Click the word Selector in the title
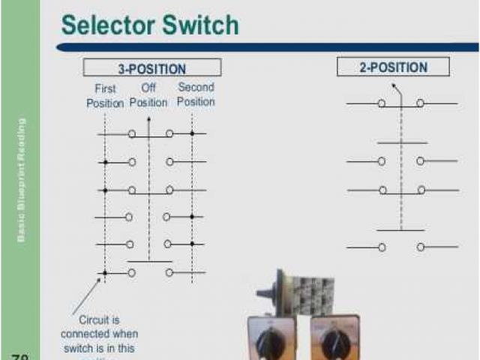click(107, 25)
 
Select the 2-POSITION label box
click(393, 67)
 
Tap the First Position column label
click(105, 95)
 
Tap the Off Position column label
click(148, 95)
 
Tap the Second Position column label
click(196, 94)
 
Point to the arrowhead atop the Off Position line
click(148, 118)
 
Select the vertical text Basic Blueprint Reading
click(22, 179)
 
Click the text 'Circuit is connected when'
click(99, 326)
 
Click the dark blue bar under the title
click(270, 46)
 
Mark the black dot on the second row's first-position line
click(105, 162)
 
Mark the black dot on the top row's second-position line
click(192, 133)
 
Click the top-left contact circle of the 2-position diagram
click(382, 103)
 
